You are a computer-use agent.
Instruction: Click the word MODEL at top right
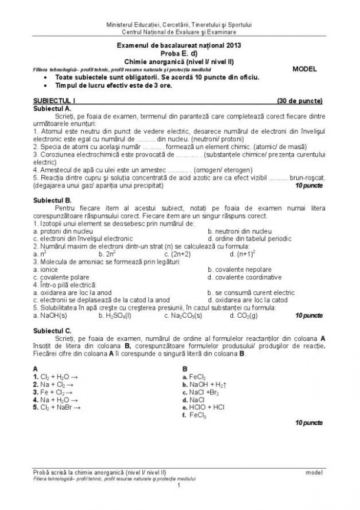click(305, 69)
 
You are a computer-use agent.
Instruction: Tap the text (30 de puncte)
click(299, 101)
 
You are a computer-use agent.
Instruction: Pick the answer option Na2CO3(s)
click(182, 315)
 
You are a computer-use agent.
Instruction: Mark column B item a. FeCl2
click(194, 376)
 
